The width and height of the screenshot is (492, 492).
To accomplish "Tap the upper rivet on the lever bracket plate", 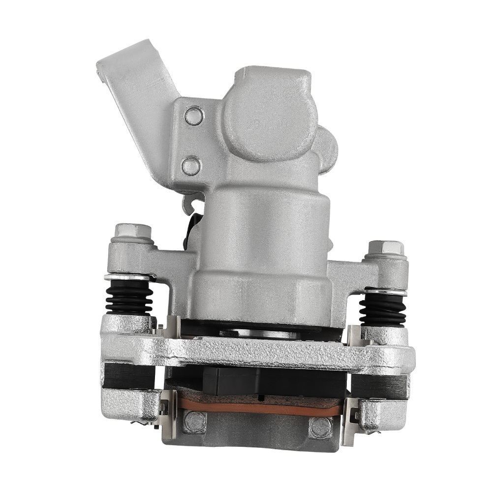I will point(194,116).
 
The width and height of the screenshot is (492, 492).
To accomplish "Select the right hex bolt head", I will point(386,247).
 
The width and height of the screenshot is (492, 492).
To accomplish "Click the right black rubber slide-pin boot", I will point(383,309).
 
